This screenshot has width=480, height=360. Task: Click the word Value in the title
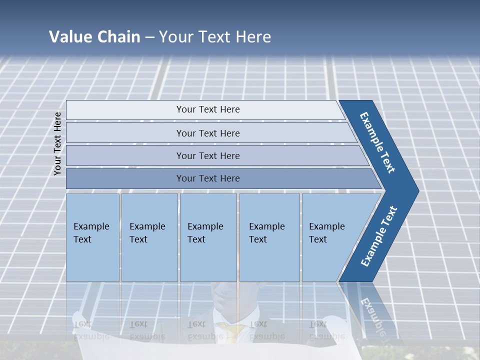[x=69, y=36]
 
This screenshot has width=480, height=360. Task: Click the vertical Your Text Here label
[x=57, y=143]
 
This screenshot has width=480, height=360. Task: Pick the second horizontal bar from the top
[x=207, y=133]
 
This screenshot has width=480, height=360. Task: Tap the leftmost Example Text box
[x=92, y=237]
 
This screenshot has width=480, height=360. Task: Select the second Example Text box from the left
[x=149, y=237]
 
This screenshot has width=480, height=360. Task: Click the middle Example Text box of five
[x=208, y=237]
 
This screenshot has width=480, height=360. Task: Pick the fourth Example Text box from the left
[x=269, y=237]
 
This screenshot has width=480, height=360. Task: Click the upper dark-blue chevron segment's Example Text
[x=377, y=142]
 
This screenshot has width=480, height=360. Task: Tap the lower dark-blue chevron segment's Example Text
[x=379, y=236]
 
